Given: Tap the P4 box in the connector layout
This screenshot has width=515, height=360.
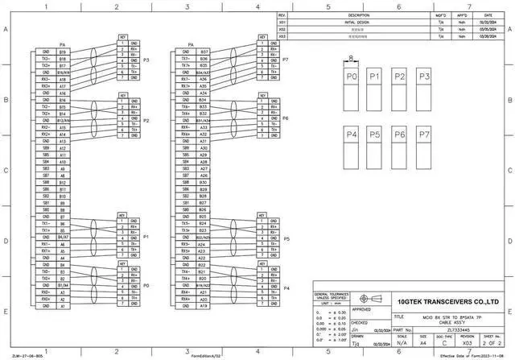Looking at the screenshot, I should (x=351, y=147).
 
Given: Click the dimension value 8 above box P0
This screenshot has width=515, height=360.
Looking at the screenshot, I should (x=351, y=57).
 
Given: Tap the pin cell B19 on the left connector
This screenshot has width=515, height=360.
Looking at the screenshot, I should (x=63, y=52).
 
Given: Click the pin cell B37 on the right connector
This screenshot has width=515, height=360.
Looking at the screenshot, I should (x=204, y=52).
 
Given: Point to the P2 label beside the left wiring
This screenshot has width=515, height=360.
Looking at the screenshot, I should (x=146, y=121).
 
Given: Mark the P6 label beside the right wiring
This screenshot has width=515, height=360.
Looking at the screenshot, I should (x=286, y=118).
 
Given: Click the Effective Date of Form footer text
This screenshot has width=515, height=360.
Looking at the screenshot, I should (x=469, y=355).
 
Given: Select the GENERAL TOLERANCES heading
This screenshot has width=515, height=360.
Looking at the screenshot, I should (x=332, y=296).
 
